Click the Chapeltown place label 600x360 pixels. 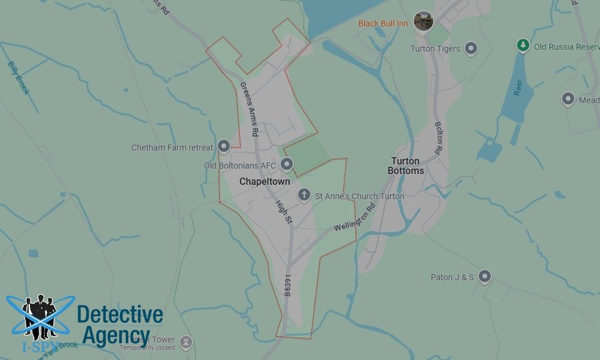(265, 181)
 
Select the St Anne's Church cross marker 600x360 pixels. (304, 194)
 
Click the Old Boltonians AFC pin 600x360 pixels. (287, 164)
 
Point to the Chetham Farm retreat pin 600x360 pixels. (224, 146)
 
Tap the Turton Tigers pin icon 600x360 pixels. (472, 48)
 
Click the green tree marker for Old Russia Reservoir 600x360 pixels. (523, 46)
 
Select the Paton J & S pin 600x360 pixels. (485, 277)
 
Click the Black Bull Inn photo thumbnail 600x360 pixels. (424, 22)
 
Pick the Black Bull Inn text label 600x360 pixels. (383, 23)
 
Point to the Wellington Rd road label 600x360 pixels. (354, 218)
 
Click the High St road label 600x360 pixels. (283, 212)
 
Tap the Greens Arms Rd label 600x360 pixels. (248, 108)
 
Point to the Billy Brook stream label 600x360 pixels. (18, 77)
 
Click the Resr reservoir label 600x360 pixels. (518, 88)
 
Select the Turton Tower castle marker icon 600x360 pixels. (186, 342)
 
